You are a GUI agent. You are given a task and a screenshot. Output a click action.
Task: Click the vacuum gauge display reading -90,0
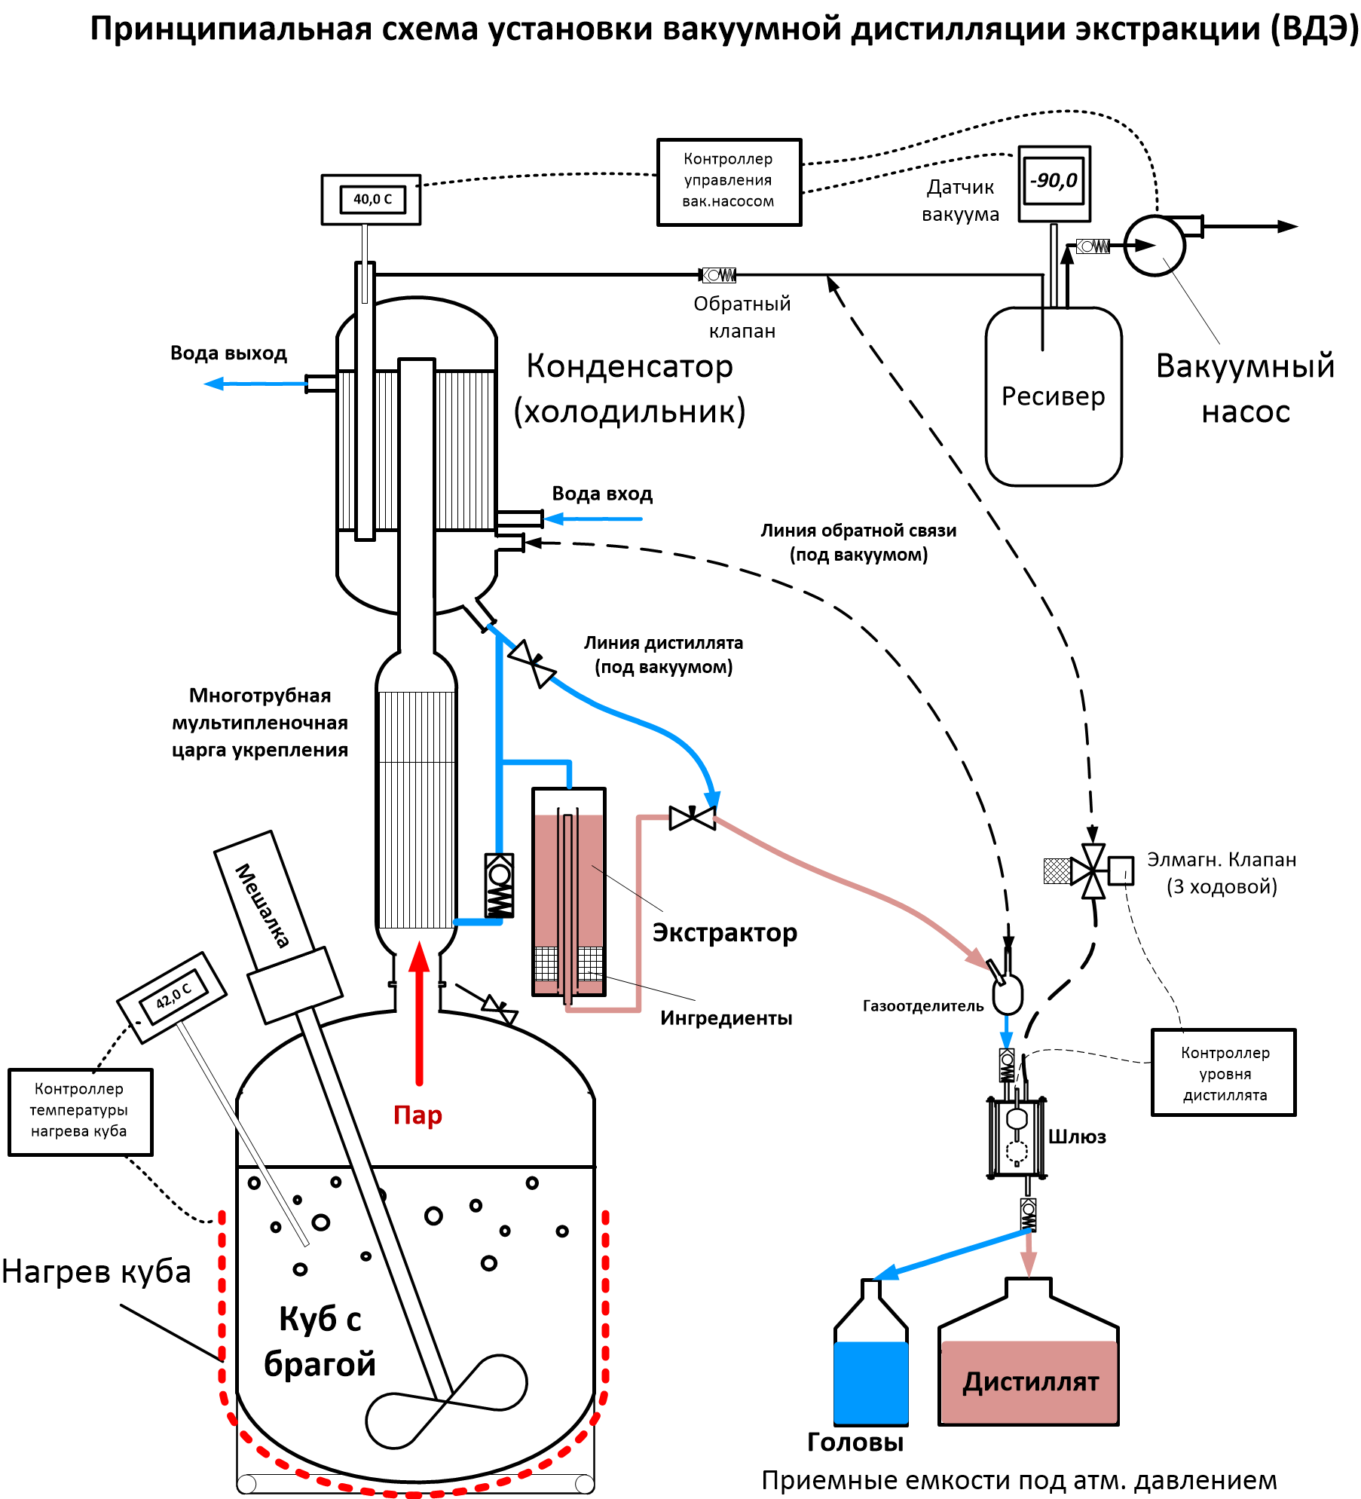(x=1055, y=181)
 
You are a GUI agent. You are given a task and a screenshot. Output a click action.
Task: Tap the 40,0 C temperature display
(x=372, y=200)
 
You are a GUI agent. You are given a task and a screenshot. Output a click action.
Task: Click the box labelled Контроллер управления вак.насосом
(x=729, y=182)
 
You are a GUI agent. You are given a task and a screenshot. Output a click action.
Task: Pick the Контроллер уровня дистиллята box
(x=1223, y=1073)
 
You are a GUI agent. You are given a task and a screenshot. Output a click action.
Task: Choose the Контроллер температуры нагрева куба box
(x=80, y=1110)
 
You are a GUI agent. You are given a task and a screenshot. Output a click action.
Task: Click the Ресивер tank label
(x=1053, y=396)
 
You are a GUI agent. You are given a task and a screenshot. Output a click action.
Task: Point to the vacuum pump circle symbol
(x=1155, y=246)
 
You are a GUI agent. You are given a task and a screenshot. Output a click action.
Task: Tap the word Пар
(x=417, y=1115)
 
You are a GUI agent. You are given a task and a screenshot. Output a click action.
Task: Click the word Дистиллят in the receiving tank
(x=1030, y=1382)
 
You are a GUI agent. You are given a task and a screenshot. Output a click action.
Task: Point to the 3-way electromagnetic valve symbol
(x=1093, y=871)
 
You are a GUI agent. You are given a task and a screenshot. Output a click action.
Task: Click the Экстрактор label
(x=724, y=933)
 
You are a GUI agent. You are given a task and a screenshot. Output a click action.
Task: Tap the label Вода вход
(x=602, y=494)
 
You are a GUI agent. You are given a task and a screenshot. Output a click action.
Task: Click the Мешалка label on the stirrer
(x=262, y=904)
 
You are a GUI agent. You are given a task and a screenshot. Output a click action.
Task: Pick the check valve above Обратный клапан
(x=718, y=275)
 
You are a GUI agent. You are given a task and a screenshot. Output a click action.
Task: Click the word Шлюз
(x=1078, y=1137)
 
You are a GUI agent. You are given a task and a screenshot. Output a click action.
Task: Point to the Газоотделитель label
(x=922, y=1006)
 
